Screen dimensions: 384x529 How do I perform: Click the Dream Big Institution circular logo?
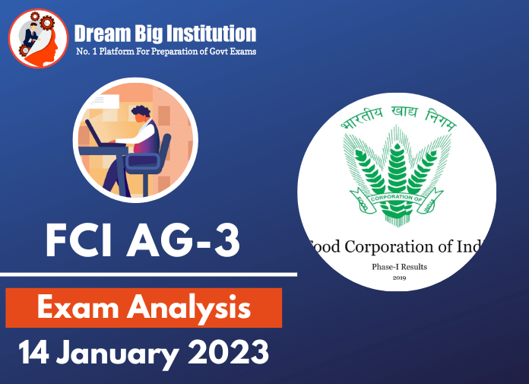38,37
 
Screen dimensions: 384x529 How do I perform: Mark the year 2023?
228,354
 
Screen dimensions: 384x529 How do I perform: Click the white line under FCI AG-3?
148,274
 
